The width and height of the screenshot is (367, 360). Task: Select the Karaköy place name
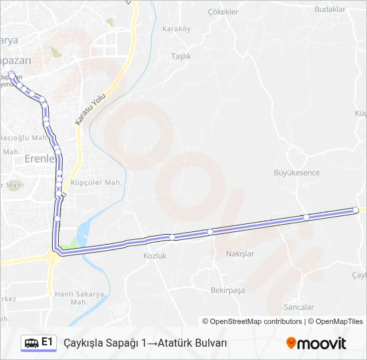click(176, 29)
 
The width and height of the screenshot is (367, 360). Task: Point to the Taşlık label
click(181, 57)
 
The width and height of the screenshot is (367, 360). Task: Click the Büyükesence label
click(297, 173)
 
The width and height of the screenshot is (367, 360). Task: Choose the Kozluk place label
click(154, 256)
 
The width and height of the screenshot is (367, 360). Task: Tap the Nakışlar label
click(240, 254)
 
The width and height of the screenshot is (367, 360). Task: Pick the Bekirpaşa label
click(228, 290)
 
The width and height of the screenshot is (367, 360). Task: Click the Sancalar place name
click(298, 307)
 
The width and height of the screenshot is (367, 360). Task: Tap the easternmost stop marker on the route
click(356, 210)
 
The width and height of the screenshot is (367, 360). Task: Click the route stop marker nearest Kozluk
click(172, 237)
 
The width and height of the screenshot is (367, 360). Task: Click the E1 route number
click(47, 342)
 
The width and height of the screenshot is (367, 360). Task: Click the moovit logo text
click(322, 343)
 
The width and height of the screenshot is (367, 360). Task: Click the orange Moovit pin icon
click(291, 343)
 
